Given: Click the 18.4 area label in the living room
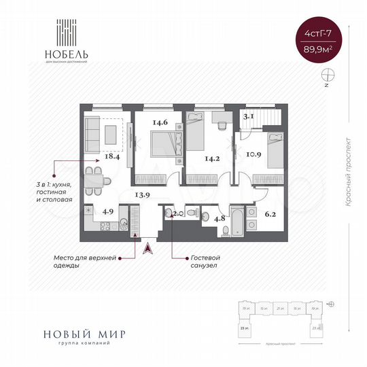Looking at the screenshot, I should (111, 157).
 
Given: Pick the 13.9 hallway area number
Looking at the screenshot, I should (142, 194).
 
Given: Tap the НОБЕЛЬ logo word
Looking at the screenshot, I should (74, 52).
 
